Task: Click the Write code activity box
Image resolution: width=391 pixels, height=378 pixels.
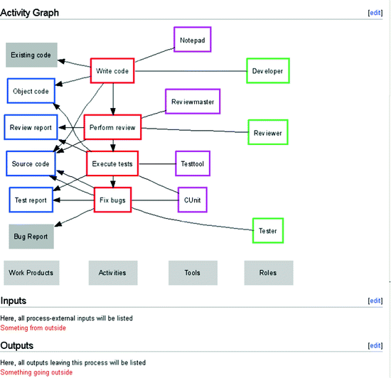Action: (x=112, y=70)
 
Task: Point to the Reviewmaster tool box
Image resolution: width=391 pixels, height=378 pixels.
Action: (x=193, y=102)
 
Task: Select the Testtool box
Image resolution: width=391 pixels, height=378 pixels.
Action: (x=193, y=163)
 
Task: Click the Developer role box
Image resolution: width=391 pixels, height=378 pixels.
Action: (x=267, y=71)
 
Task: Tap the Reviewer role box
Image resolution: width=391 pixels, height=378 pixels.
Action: (x=267, y=132)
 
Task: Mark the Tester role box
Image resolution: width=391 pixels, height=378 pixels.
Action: (x=268, y=231)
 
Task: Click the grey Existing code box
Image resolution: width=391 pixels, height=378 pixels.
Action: (x=33, y=55)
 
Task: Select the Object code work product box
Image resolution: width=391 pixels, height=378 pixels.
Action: (x=31, y=92)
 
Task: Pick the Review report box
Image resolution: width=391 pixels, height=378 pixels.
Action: (x=31, y=127)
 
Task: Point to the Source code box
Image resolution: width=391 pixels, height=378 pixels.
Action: (x=31, y=163)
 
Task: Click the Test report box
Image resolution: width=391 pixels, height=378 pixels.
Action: (x=31, y=200)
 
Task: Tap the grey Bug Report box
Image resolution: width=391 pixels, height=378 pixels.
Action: (x=31, y=236)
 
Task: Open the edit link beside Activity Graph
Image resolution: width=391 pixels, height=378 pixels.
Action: (x=375, y=13)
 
